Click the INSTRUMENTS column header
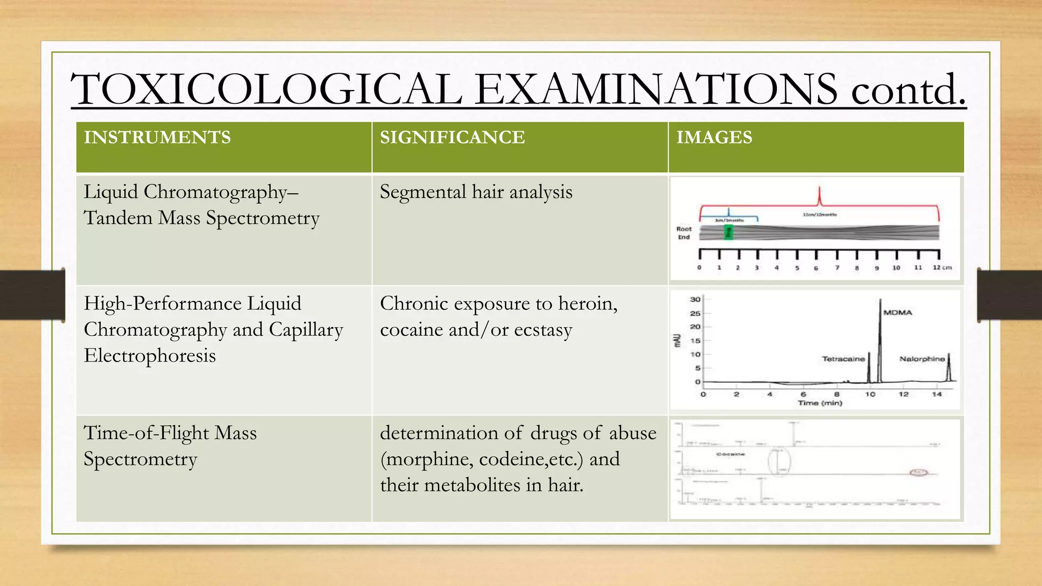(157, 137)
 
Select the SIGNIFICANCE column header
(452, 137)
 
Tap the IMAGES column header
(714, 137)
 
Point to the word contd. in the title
(908, 90)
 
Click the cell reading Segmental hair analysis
(476, 192)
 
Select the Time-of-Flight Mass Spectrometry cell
(170, 446)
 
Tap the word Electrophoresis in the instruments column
(150, 355)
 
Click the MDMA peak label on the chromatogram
(898, 312)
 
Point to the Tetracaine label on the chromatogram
(843, 359)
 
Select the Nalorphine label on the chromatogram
(921, 359)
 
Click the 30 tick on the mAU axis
(695, 299)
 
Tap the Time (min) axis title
(820, 403)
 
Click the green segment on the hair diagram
(729, 232)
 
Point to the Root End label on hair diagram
(684, 233)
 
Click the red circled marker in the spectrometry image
(918, 473)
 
